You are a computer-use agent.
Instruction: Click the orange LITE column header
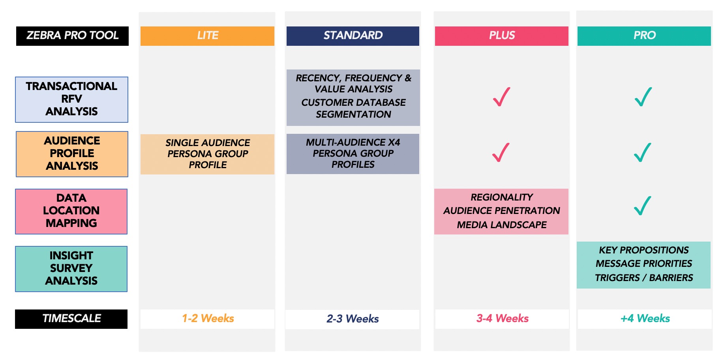(x=207, y=36)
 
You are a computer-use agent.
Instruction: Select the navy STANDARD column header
(x=353, y=36)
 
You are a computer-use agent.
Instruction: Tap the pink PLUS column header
(x=502, y=36)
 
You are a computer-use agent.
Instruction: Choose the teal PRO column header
(x=644, y=36)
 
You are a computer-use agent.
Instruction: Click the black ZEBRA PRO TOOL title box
(x=72, y=36)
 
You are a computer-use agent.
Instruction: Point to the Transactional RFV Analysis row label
(x=71, y=99)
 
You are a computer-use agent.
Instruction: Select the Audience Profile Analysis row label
(x=72, y=154)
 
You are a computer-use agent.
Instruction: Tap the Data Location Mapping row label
(x=71, y=212)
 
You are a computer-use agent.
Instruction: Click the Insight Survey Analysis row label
(x=71, y=269)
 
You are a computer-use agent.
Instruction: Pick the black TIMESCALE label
(x=71, y=319)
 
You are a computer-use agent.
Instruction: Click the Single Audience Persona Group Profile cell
(x=207, y=154)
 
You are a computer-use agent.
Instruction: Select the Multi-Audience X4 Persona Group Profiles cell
(x=353, y=154)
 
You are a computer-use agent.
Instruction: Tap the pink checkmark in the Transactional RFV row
(x=501, y=97)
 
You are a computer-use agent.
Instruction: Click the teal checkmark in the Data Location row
(x=643, y=206)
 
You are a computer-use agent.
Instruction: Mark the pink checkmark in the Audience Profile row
(x=501, y=152)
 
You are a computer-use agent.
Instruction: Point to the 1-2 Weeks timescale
(x=208, y=318)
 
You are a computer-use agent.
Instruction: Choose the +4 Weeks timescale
(x=645, y=318)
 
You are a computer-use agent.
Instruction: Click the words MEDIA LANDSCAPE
(x=502, y=225)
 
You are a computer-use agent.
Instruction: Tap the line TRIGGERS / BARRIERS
(x=644, y=277)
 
